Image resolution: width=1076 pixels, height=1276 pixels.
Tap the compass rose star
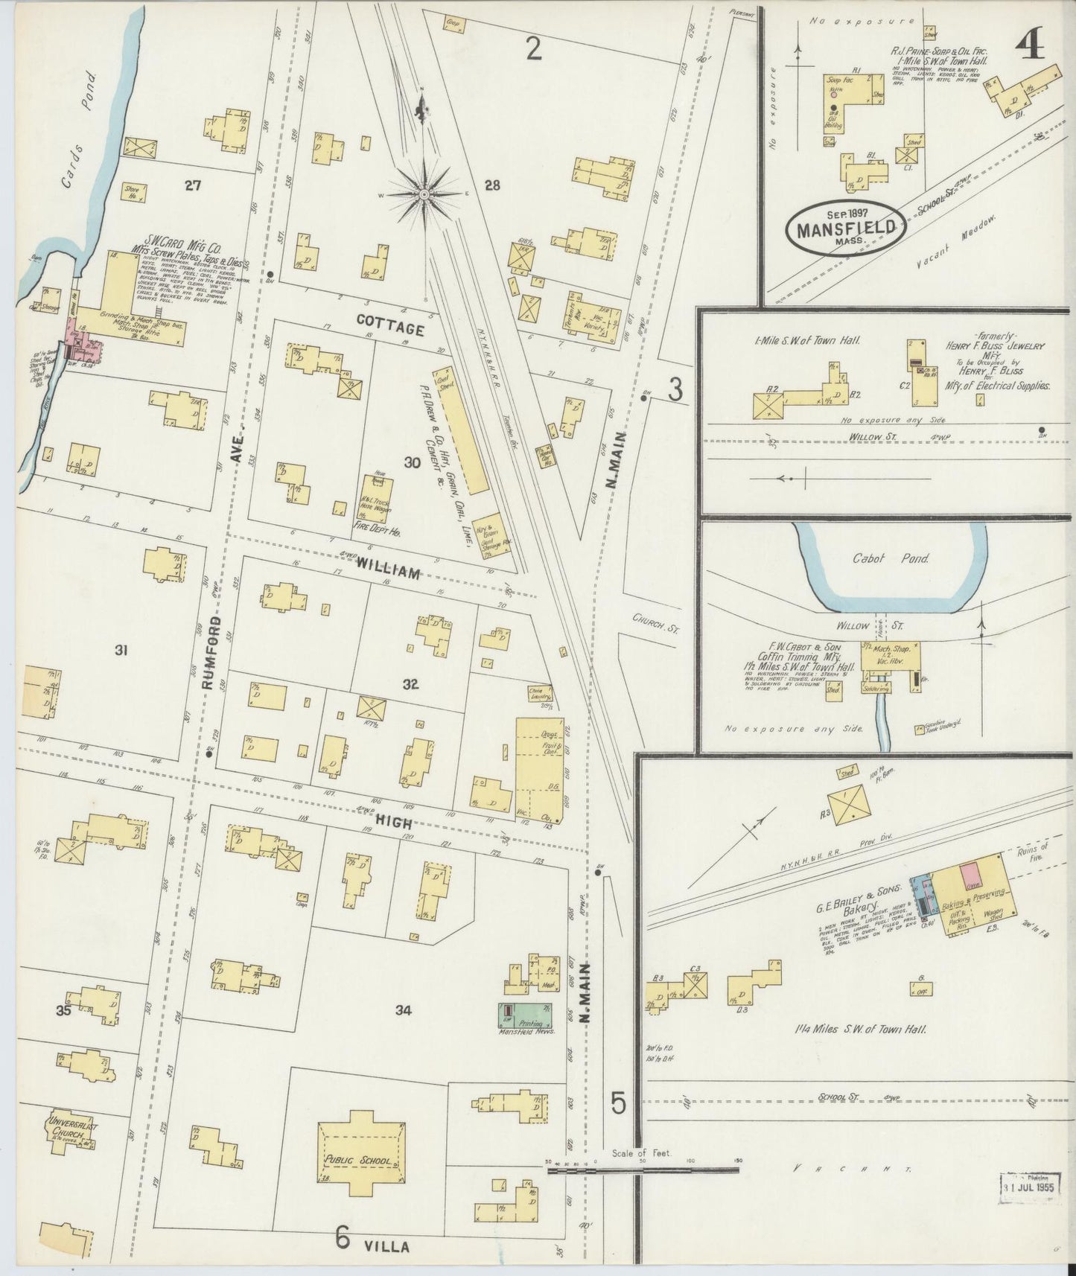click(424, 194)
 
